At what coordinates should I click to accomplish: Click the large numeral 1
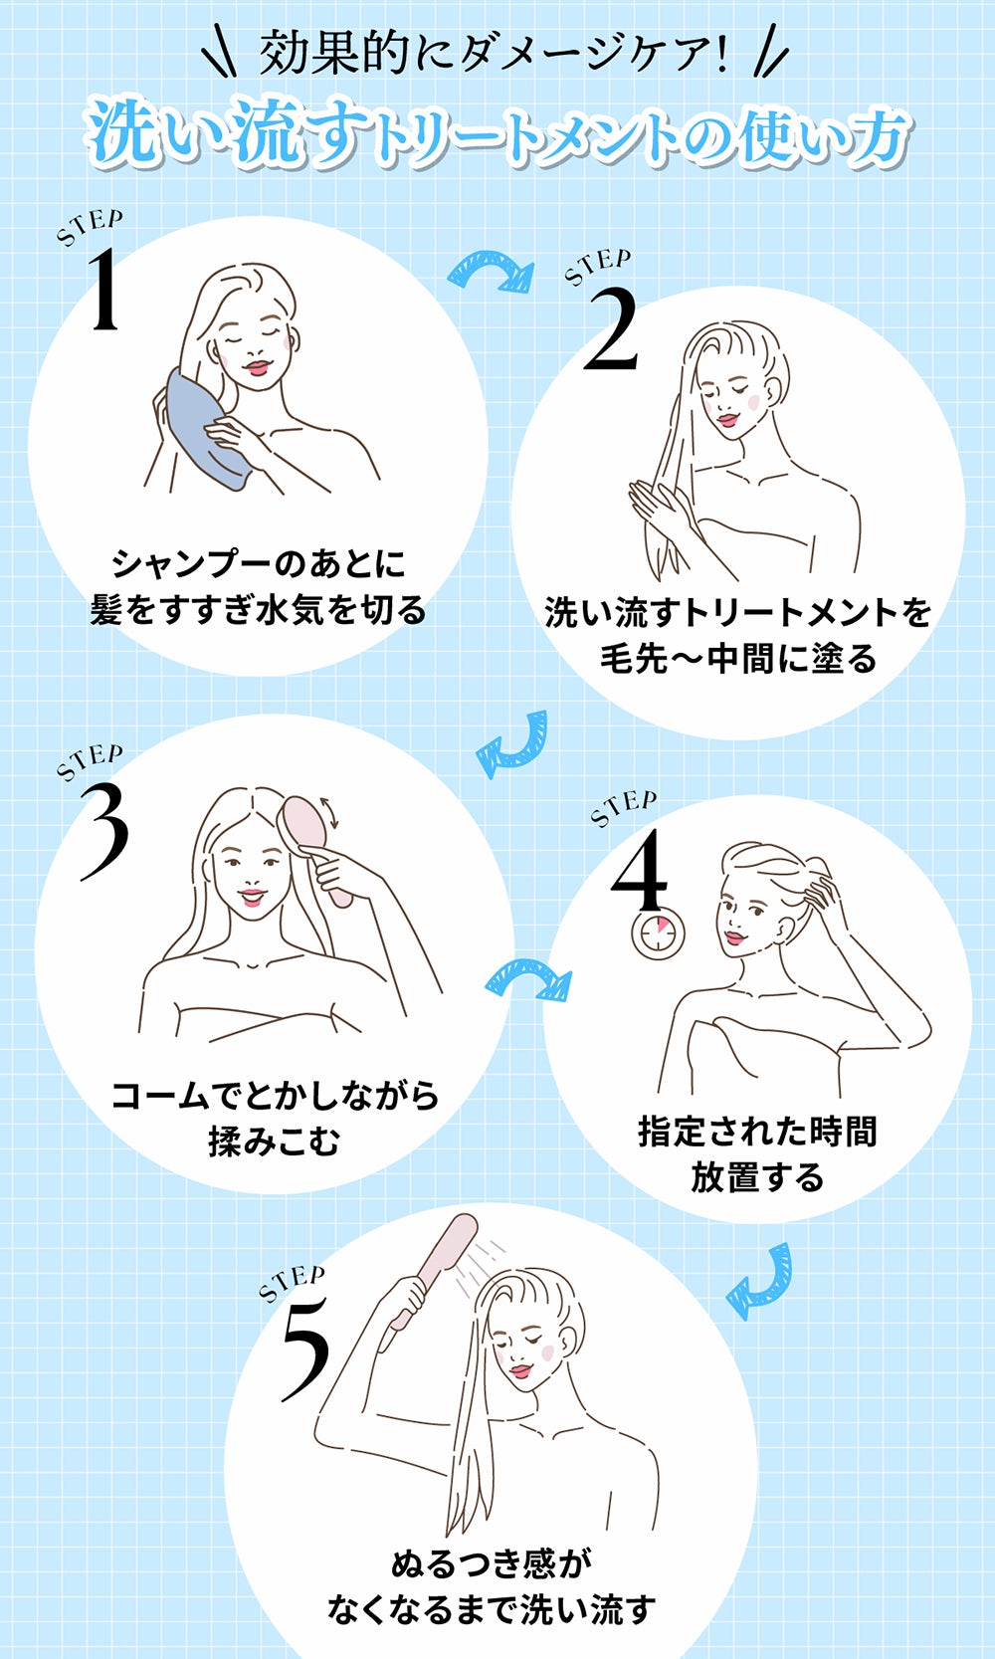(x=104, y=290)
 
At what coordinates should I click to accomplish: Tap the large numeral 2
(x=610, y=330)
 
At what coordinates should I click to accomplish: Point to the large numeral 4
(x=639, y=870)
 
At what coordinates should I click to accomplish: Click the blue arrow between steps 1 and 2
(x=490, y=271)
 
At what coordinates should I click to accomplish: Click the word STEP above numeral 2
(x=597, y=266)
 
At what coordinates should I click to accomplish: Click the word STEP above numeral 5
(x=291, y=1284)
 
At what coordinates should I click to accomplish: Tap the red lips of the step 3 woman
(x=252, y=898)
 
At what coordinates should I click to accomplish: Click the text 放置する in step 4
(x=757, y=1177)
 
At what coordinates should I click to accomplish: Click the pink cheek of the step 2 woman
(x=753, y=402)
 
